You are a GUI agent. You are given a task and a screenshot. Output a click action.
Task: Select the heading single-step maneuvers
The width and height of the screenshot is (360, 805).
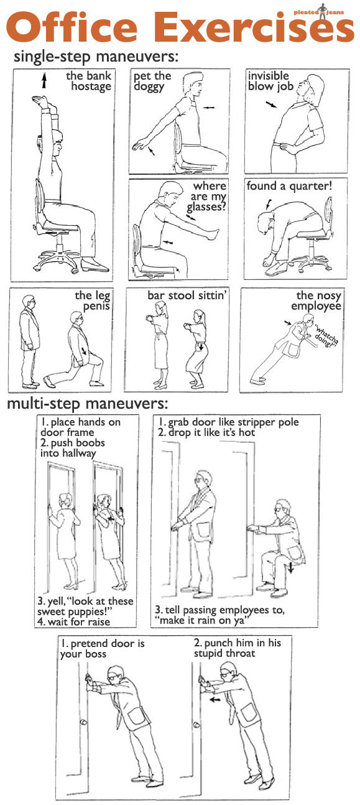coord(96,57)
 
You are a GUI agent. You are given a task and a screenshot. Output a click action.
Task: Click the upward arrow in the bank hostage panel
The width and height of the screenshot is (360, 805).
coord(44,80)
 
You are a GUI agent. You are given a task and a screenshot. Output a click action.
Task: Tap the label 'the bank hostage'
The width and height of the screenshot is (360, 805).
coord(90,81)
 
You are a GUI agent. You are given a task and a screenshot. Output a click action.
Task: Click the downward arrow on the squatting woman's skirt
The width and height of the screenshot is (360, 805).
coord(201,346)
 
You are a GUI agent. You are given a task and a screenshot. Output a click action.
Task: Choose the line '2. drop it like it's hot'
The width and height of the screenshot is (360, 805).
coord(206,432)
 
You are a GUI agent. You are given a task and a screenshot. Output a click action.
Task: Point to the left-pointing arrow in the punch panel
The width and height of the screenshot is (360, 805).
coord(215,699)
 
